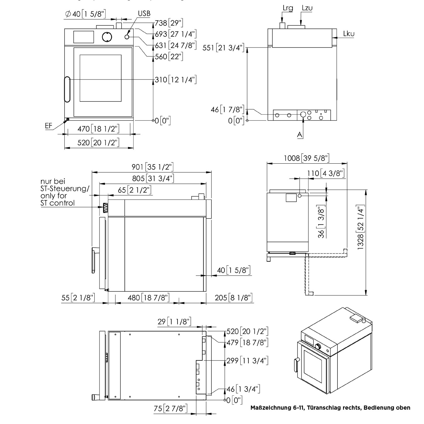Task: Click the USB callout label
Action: pos(144,13)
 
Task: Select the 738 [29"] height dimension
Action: pos(169,23)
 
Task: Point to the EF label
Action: pos(49,126)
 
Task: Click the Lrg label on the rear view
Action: pos(288,8)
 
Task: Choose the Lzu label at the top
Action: pos(307,8)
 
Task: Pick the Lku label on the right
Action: pos(349,34)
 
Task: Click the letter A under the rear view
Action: pos(300,135)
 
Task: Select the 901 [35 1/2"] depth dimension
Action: pos(152,167)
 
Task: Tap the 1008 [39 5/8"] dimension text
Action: pos(307,158)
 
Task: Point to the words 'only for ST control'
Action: pos(58,199)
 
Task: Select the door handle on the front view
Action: pos(67,89)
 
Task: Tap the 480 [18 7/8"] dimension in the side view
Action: pos(149,298)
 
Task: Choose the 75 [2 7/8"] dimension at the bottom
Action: pos(170,408)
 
